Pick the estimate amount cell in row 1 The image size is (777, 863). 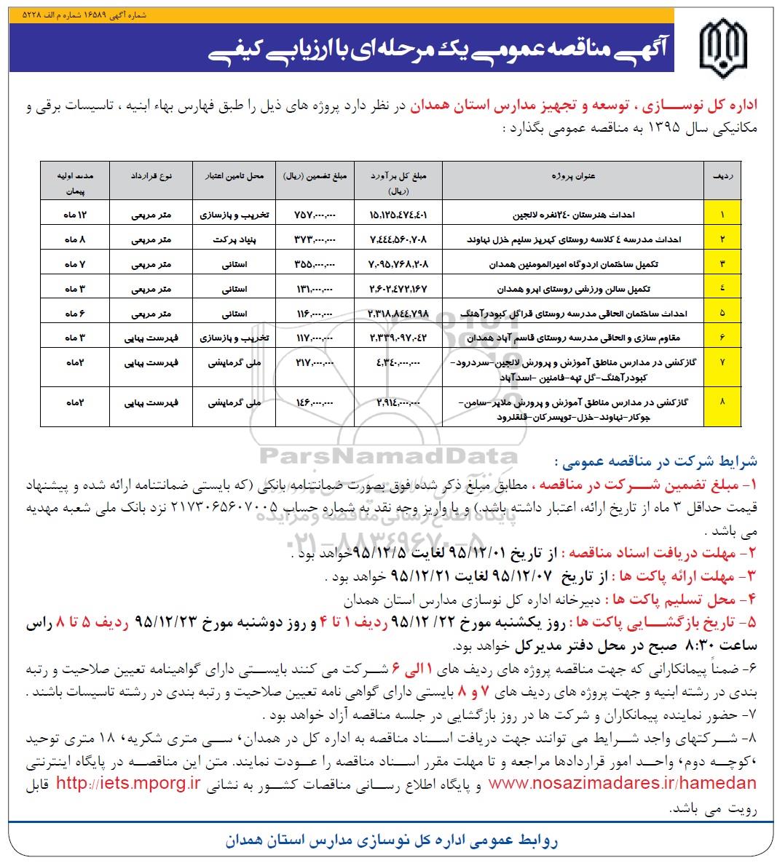pos(397,215)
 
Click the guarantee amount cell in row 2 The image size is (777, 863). pos(313,239)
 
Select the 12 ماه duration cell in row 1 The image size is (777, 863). pos(75,215)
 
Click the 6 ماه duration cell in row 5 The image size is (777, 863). pos(75,314)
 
